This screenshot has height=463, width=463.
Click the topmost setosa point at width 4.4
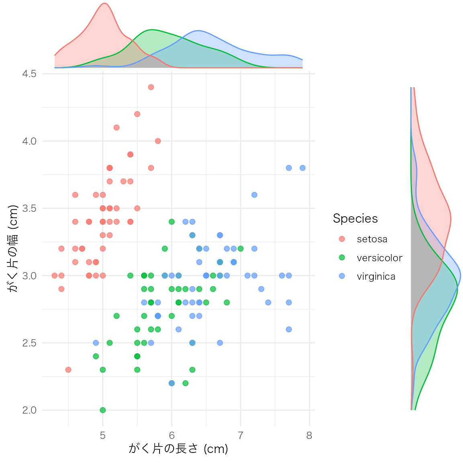(x=151, y=87)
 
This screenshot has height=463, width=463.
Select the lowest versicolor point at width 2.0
(x=102, y=410)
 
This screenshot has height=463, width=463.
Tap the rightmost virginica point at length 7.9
(x=303, y=168)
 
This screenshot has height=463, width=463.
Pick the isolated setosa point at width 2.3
(x=68, y=370)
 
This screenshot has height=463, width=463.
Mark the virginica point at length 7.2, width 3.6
(x=254, y=195)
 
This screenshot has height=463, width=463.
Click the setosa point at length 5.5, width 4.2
(x=137, y=114)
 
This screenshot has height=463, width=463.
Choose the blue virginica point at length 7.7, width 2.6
(x=289, y=329)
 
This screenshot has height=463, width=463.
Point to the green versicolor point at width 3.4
(x=172, y=222)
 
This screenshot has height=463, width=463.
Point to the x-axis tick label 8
(x=309, y=436)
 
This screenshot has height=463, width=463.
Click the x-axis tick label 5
(x=102, y=436)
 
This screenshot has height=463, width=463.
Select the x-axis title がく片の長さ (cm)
(x=178, y=449)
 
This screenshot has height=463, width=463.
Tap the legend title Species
(x=355, y=219)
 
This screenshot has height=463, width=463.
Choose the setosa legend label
(x=372, y=239)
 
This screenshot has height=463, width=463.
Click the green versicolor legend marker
(x=342, y=258)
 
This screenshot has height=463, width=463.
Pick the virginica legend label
(x=376, y=277)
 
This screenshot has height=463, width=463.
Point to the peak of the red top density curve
(x=104, y=4)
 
